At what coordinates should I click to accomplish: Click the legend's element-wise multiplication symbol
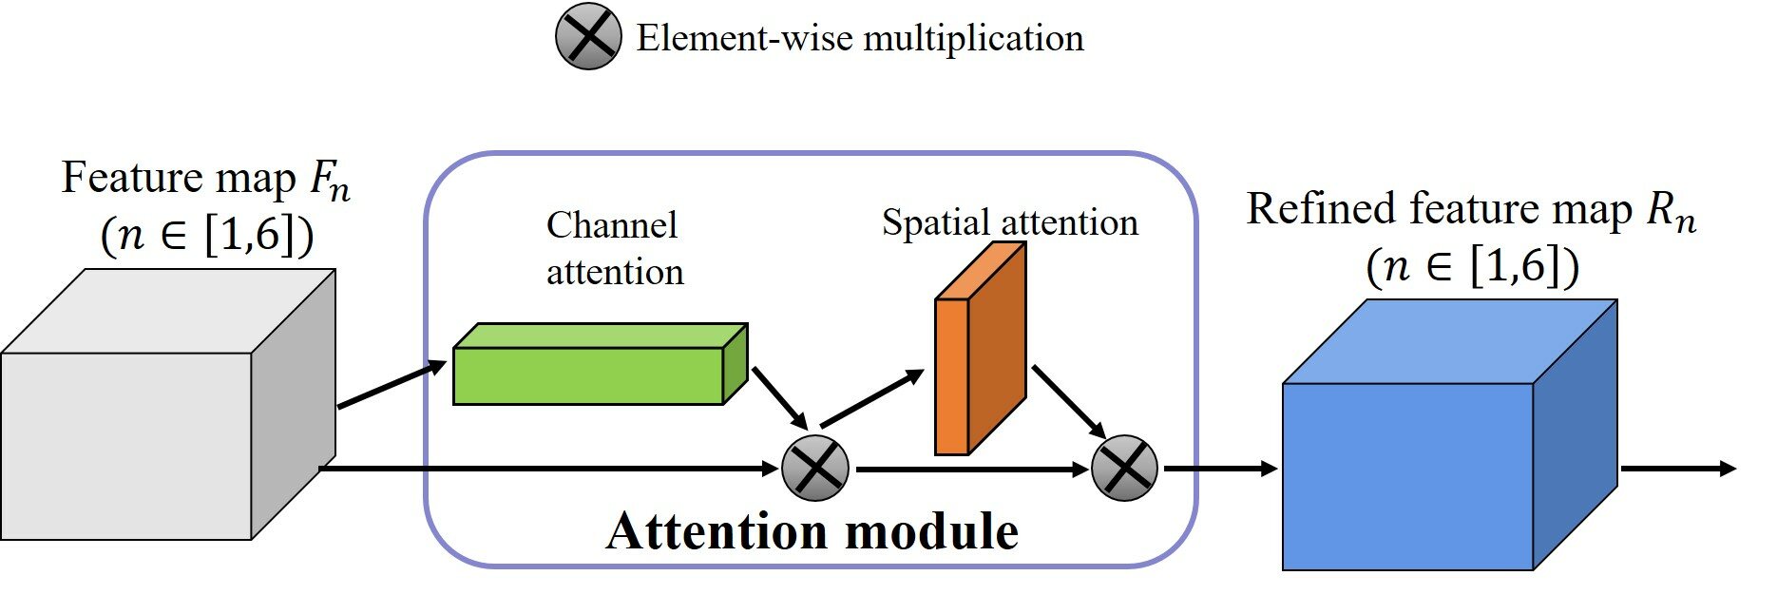588,37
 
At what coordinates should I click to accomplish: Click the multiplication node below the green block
814,468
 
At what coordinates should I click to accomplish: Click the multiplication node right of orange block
1124,468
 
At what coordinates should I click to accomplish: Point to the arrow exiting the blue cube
1677,469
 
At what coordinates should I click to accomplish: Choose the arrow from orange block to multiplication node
1068,399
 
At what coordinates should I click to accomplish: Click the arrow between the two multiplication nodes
969,469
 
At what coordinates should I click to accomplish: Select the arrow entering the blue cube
1221,469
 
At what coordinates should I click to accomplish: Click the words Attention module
812,530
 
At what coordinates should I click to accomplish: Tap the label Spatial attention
1009,222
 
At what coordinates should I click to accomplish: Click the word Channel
612,225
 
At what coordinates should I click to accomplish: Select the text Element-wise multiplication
859,38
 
